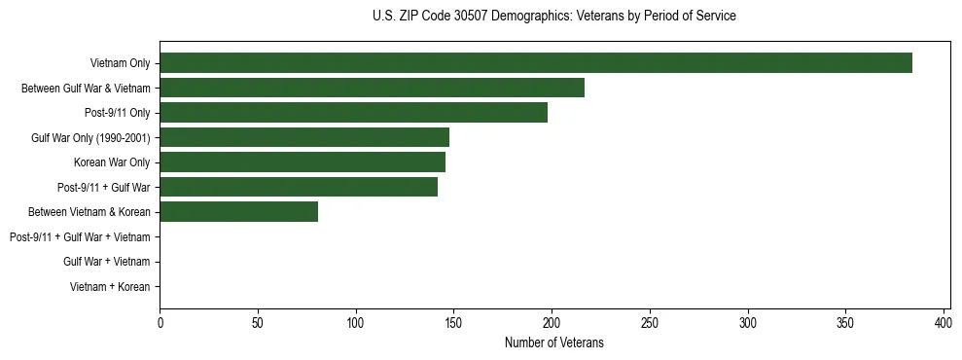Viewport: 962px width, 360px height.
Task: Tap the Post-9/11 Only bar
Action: [x=353, y=113]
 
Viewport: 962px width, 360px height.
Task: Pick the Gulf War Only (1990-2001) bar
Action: [x=304, y=137]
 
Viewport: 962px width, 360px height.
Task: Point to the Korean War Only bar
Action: [x=303, y=162]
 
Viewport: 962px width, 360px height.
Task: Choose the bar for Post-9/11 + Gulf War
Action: [x=299, y=187]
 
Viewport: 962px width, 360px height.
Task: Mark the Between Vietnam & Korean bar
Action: [x=239, y=211]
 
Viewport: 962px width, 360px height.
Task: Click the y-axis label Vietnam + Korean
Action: [x=110, y=287]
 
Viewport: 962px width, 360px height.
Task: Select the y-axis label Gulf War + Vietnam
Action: [x=107, y=262]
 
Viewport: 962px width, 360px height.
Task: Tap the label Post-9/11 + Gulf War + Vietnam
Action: [x=80, y=236]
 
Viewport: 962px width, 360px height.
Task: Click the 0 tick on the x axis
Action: [x=160, y=322]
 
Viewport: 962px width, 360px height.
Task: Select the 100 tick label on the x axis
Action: [x=356, y=322]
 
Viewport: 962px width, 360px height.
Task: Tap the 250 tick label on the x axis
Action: [x=650, y=322]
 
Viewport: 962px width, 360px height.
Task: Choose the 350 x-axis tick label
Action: [x=845, y=322]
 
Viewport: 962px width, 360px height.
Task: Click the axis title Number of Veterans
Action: [x=554, y=342]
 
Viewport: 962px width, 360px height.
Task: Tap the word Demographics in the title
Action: [x=529, y=17]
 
